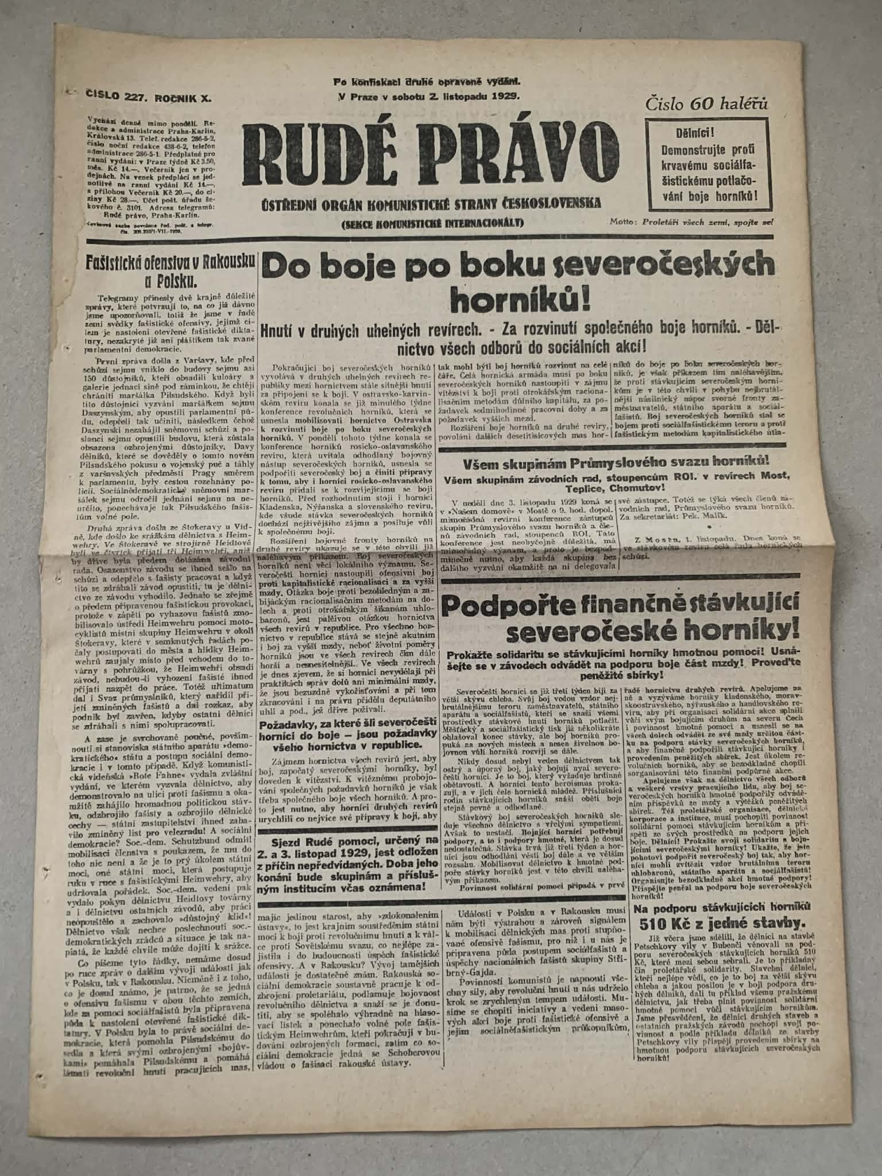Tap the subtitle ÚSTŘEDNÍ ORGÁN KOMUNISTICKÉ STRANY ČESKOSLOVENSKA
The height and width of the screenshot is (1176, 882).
coord(431,203)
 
